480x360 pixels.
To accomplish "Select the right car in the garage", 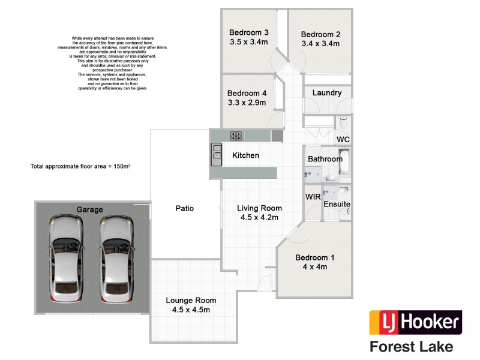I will (116, 259).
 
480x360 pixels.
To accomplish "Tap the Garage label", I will (89, 210).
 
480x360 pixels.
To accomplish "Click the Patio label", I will (184, 209).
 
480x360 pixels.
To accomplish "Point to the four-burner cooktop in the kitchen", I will (236, 136).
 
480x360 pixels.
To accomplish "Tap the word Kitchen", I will (246, 155).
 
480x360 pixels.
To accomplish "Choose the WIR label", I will (313, 197).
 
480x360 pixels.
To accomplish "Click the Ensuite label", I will (337, 204).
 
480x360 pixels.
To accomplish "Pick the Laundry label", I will (327, 93).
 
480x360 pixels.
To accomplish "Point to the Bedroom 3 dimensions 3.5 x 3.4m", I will (248, 43).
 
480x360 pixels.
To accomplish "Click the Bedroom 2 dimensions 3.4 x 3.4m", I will (320, 44).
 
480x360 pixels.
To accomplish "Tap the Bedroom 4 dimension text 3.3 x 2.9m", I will (247, 103).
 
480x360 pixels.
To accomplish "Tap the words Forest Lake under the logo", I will (411, 346).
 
